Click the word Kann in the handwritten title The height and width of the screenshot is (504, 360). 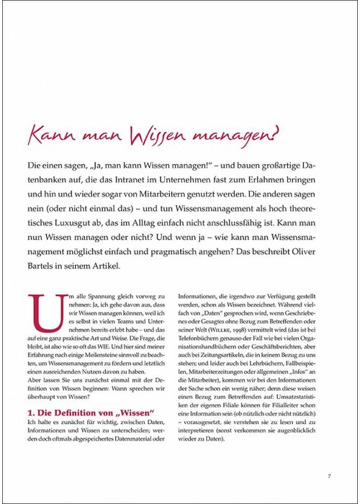[x=51, y=135]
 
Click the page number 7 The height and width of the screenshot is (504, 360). [x=328, y=476]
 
